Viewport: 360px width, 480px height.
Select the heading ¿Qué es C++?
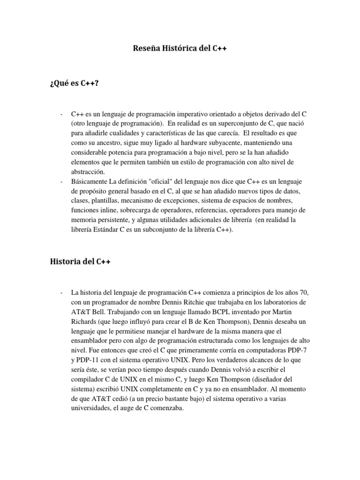point(75,83)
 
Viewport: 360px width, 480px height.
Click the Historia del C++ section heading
point(80,262)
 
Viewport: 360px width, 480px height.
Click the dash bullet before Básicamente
point(62,181)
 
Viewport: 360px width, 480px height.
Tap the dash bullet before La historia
point(62,292)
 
